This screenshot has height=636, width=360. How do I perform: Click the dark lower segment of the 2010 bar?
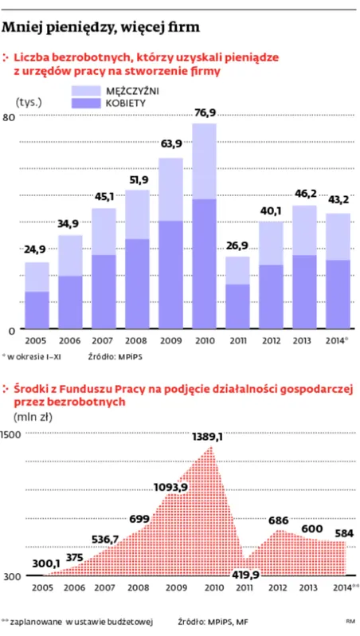(x=205, y=263)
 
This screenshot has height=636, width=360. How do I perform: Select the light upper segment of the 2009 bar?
(x=170, y=189)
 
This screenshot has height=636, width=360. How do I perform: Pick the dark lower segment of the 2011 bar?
(x=237, y=306)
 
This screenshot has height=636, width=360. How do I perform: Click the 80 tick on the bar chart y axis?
(x=10, y=118)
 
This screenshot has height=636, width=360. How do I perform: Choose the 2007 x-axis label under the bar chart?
(x=104, y=340)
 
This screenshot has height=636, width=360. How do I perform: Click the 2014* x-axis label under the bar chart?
(x=338, y=340)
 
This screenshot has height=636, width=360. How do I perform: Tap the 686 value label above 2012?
(x=277, y=520)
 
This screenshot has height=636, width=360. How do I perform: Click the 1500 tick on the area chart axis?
(x=11, y=434)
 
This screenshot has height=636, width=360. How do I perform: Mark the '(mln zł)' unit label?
(x=33, y=416)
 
